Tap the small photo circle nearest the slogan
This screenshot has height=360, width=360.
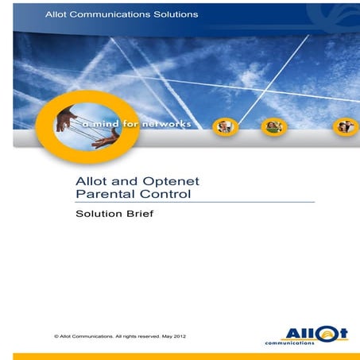coord(226,126)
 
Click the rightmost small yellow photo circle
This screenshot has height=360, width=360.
coord(345,126)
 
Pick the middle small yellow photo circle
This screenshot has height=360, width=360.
coord(274,126)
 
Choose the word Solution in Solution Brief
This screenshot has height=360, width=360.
coord(97,214)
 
